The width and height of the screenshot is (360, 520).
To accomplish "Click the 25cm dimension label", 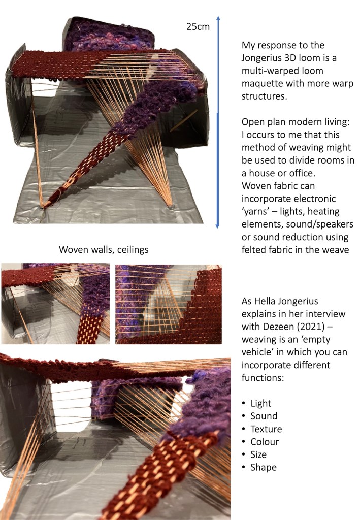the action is coord(198,27).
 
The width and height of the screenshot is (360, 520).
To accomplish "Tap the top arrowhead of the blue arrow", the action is coord(218,19).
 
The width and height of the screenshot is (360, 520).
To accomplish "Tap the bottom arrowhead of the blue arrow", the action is coord(217,225).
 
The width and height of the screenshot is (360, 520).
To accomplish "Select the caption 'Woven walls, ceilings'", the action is coord(104,250).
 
